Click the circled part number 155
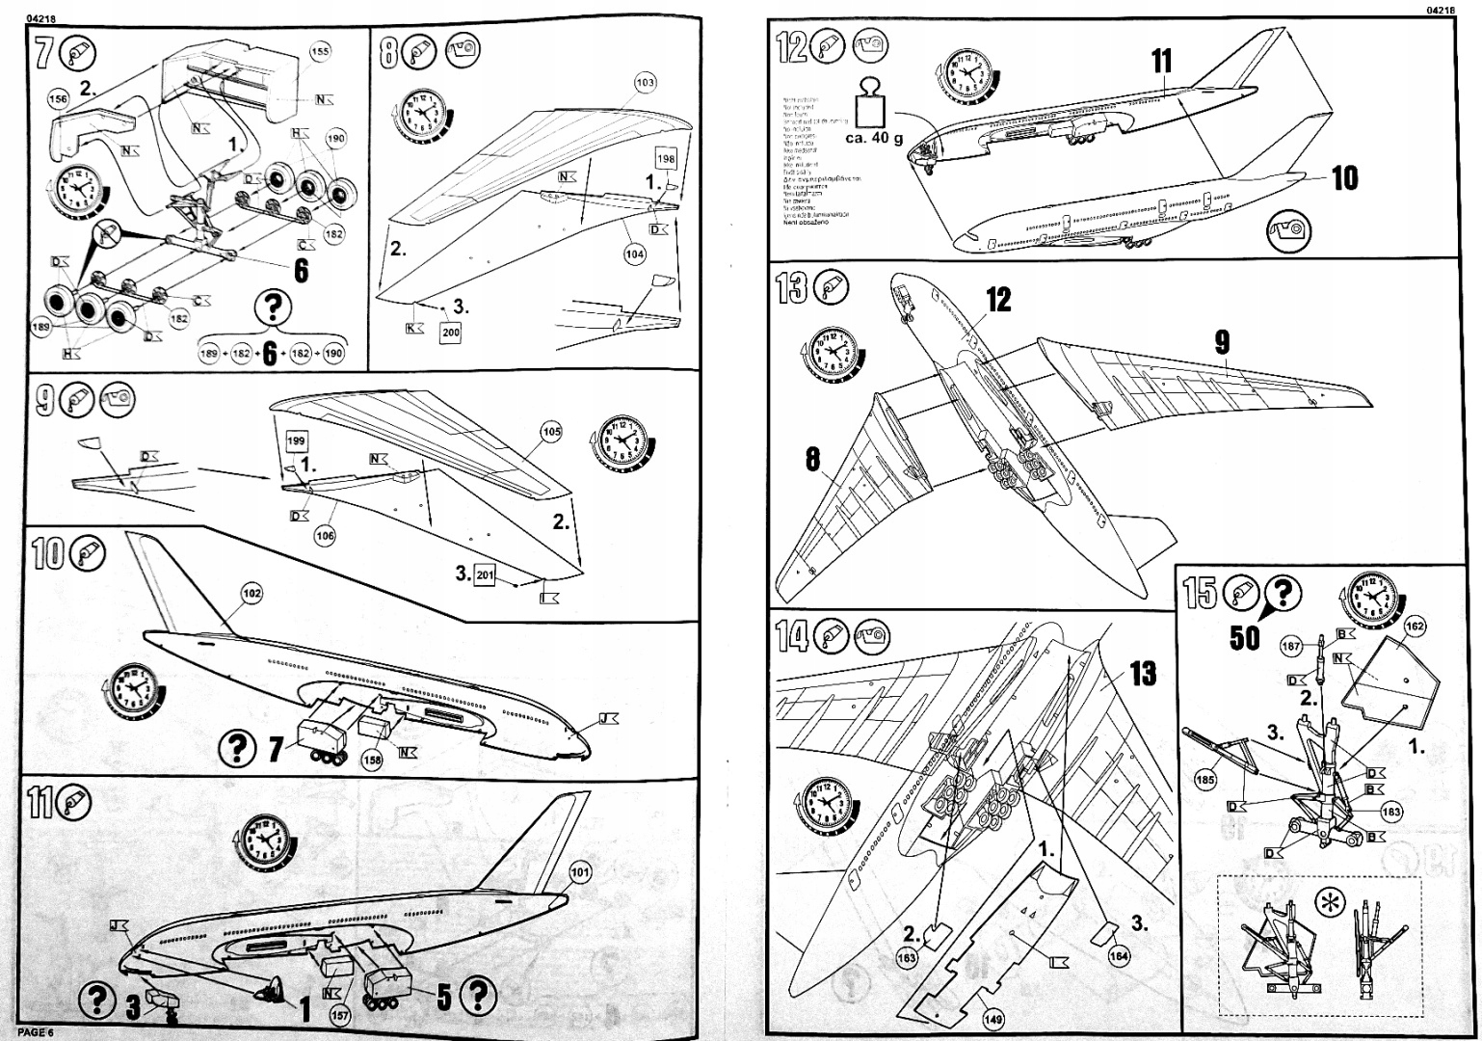point(320,52)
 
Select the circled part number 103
point(645,83)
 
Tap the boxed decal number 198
point(667,158)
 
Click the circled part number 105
point(550,432)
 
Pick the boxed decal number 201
point(485,575)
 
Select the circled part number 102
point(251,594)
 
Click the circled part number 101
point(579,873)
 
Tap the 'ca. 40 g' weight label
point(873,139)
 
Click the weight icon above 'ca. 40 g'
point(874,101)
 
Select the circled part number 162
point(1415,627)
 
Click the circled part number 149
point(992,1019)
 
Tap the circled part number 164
point(1118,956)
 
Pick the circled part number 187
point(1291,646)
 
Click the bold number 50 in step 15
point(1245,637)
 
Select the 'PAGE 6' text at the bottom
point(37,1032)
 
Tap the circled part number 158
point(373,761)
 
